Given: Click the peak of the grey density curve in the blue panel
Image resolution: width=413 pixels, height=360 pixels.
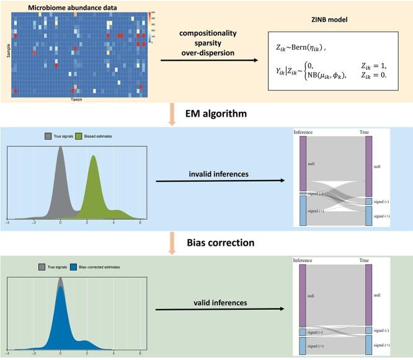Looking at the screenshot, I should [60, 148].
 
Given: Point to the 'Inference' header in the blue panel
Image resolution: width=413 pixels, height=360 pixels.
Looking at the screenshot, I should [303, 132].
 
